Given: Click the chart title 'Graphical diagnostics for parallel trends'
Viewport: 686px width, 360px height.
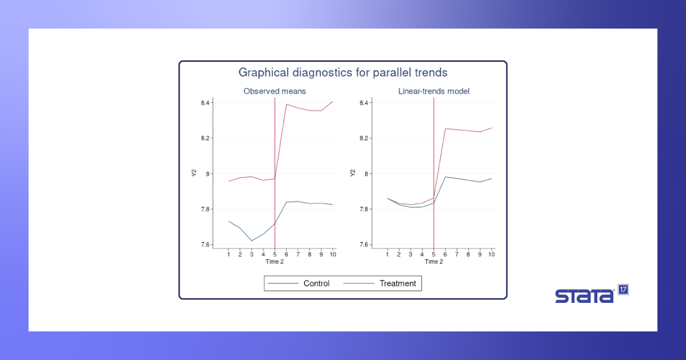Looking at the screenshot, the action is (x=343, y=73).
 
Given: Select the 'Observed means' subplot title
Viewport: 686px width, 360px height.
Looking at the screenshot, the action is (x=275, y=91).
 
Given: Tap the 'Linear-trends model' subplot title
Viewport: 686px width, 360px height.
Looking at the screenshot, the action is (x=434, y=91).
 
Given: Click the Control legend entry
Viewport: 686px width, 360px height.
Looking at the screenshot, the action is (x=298, y=283).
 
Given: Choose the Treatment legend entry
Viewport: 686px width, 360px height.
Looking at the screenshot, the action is (x=380, y=283).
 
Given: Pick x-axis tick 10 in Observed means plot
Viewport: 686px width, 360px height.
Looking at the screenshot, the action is (x=333, y=254).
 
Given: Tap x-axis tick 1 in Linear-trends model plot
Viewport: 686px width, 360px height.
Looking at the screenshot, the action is (x=387, y=254).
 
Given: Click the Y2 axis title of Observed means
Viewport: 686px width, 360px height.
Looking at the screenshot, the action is (x=194, y=173).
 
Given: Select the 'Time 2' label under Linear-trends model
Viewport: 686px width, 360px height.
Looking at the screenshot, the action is (x=434, y=262).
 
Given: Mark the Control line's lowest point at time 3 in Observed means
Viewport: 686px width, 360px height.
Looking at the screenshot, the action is (x=252, y=241).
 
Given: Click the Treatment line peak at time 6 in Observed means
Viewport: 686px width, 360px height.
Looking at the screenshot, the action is (x=286, y=105).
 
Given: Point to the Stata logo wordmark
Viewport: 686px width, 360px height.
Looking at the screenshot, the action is (x=585, y=296).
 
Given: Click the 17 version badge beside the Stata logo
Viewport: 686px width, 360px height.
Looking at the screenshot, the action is (x=623, y=290).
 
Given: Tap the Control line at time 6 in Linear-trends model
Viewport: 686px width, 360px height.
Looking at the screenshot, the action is (x=445, y=177).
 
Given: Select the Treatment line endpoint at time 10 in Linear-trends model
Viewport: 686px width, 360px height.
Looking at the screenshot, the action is (x=492, y=128).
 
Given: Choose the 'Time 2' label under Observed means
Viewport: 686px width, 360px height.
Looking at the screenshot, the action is (x=275, y=262).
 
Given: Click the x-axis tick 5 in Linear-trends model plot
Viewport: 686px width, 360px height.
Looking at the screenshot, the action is (x=434, y=254).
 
